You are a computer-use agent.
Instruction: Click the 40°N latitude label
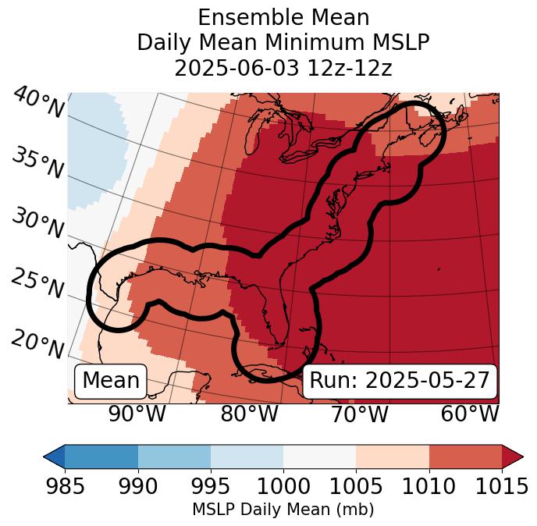coord(37,105)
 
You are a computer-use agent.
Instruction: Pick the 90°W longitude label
coord(137,414)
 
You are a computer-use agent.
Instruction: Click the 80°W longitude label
coord(248,414)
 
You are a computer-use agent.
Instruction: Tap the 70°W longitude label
coord(359,414)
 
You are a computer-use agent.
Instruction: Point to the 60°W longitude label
coord(470,414)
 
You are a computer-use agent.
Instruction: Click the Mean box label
coord(111,381)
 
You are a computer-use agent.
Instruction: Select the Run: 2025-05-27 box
coord(400,381)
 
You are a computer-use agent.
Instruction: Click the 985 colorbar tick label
coord(65,486)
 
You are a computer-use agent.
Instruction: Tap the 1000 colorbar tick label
coord(283,486)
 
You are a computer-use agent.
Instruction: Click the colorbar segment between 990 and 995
coord(174,456)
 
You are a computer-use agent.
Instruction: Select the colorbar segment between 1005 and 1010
coord(393,456)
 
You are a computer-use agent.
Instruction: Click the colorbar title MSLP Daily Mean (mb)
coord(283,510)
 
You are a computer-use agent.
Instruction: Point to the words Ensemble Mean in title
coord(283,17)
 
